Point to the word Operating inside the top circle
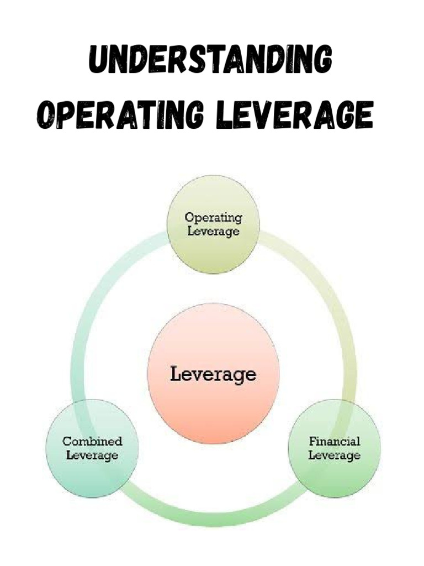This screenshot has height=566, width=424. click(x=213, y=217)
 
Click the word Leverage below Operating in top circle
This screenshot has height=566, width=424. click(x=213, y=231)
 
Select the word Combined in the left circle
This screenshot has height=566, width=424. click(x=92, y=442)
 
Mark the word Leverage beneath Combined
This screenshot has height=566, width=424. click(x=92, y=455)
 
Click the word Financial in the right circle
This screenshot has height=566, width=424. click(x=334, y=442)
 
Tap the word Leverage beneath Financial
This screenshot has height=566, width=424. click(x=334, y=455)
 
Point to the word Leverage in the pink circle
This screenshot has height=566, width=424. click(x=213, y=374)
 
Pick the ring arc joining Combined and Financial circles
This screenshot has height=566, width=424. click(x=213, y=517)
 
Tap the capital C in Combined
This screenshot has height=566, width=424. click(x=67, y=442)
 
